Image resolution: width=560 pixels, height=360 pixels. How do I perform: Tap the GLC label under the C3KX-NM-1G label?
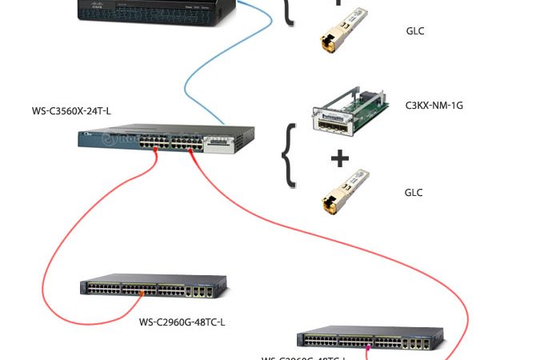(414, 193)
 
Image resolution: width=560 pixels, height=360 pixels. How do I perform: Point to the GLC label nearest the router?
(414, 32)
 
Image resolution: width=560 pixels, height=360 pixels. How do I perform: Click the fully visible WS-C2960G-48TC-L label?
(182, 322)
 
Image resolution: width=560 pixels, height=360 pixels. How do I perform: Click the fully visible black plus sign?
(340, 158)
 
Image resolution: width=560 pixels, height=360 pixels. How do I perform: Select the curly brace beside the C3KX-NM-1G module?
(289, 155)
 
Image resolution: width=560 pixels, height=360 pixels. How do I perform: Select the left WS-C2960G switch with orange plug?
(152, 287)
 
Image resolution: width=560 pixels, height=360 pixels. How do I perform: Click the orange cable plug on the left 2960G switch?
(142, 294)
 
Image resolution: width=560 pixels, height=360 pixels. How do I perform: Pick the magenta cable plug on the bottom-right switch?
(369, 347)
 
